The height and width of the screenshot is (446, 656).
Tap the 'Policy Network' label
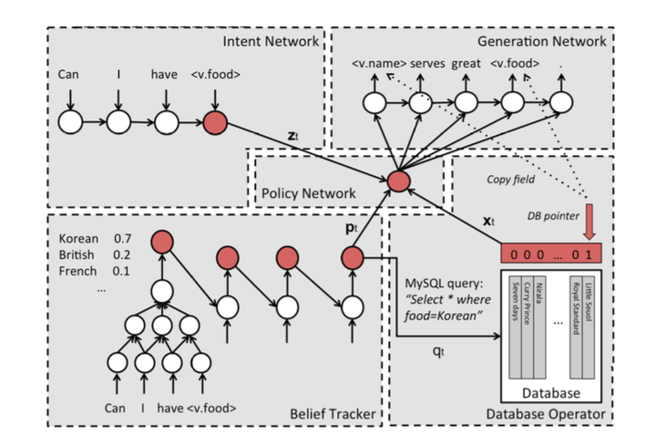[x=303, y=195]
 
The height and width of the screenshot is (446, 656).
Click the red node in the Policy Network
[x=397, y=181]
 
